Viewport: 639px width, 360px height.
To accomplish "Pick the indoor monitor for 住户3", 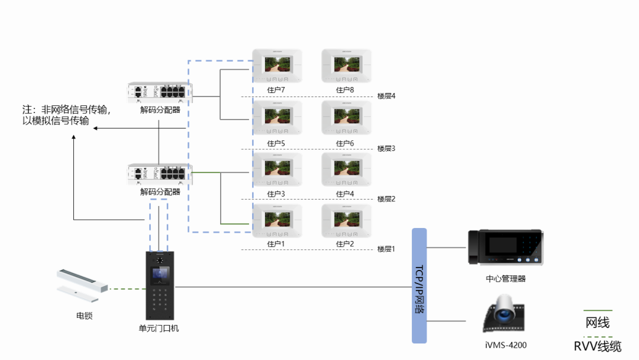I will [277, 169].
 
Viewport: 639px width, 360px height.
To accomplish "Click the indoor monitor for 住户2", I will [346, 221].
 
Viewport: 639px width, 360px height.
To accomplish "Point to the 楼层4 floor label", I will [386, 97].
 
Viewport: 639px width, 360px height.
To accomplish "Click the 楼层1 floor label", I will [386, 249].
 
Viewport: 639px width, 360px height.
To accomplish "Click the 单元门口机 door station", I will [160, 285].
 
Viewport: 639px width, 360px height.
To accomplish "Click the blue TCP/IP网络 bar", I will [419, 285].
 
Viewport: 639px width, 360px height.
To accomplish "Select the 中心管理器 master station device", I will [505, 247].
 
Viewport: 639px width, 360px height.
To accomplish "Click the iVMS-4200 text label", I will [505, 345].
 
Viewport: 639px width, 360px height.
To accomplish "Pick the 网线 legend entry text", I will [598, 323].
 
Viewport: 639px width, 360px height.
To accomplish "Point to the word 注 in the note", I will [26, 110].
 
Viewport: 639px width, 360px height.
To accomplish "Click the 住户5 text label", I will [276, 143].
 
